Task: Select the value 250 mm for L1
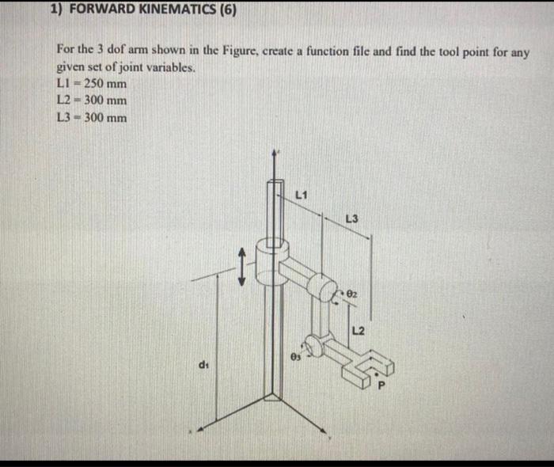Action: point(104,84)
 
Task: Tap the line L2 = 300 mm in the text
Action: point(91,101)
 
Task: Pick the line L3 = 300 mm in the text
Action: point(91,118)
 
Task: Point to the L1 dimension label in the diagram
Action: point(302,195)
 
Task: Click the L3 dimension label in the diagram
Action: point(352,218)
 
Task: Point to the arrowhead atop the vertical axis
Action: point(275,152)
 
